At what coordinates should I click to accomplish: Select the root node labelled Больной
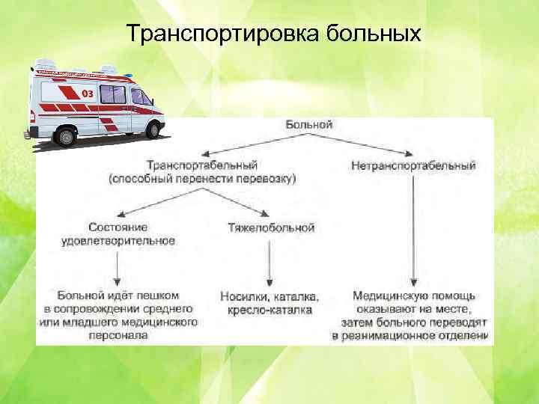coord(308,125)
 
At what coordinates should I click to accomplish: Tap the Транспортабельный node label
coord(202,165)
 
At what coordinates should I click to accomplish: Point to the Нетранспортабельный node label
coord(412,165)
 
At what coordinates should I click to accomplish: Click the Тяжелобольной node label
coord(271,227)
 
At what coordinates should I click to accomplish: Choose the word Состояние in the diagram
coord(118,227)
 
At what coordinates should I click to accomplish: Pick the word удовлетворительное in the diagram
coord(118,241)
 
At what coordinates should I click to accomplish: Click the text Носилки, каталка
coord(269,296)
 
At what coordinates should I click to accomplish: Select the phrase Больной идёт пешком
coord(118,295)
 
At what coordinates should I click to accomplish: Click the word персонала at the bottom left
coord(118,336)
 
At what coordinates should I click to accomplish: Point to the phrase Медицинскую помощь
coord(413,296)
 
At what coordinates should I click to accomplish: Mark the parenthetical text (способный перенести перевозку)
coord(202,179)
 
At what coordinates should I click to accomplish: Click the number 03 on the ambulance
coord(87,94)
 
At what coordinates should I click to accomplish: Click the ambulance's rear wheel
coord(65,137)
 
